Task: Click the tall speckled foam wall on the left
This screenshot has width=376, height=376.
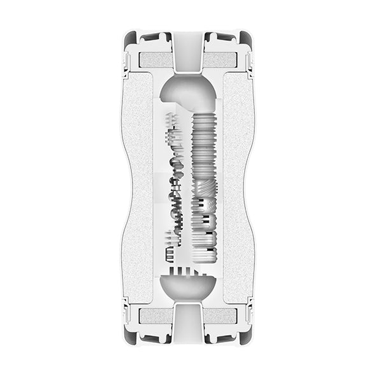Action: click(x=137, y=188)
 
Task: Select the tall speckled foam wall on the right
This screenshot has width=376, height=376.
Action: click(x=239, y=188)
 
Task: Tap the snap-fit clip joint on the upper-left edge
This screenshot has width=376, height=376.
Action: click(x=126, y=62)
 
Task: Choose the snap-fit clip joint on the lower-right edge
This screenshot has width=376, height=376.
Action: click(x=250, y=315)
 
